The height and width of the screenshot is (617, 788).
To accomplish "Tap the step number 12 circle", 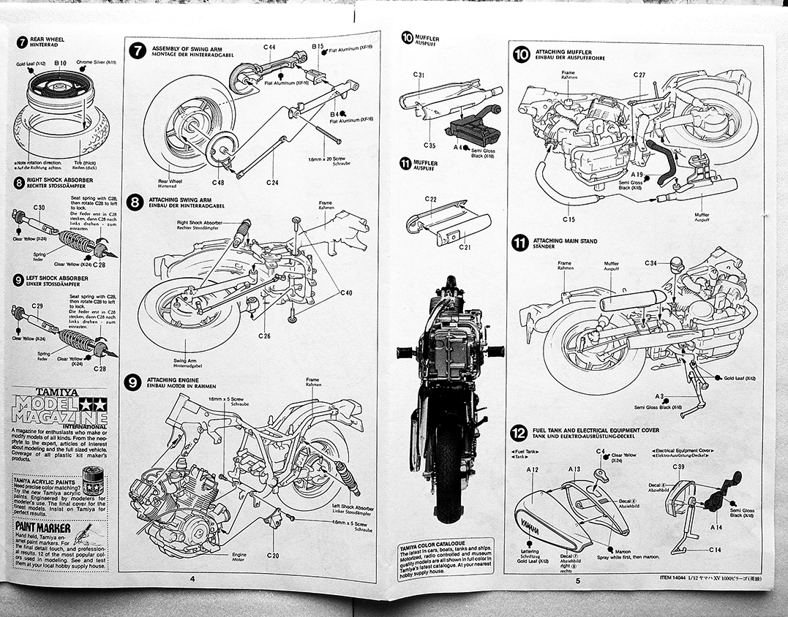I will click(519, 433).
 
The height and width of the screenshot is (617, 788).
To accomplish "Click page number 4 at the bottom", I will click(192, 579).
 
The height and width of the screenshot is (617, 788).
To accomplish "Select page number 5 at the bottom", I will click(577, 581).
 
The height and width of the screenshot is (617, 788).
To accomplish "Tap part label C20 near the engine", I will click(272, 556).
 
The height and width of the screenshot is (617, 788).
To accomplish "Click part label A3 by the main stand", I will click(659, 395).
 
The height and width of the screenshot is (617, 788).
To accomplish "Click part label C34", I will click(651, 262).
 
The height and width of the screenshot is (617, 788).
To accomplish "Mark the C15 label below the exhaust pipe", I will click(569, 219).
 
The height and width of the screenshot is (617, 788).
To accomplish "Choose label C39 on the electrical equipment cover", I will click(678, 466).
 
